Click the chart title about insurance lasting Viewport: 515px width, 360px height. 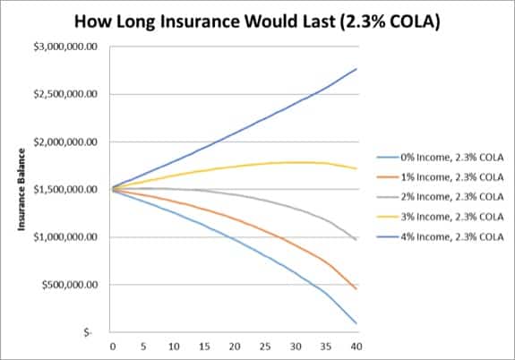coord(258,19)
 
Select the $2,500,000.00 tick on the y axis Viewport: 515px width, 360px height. coord(66,94)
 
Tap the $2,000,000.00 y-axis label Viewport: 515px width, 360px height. coord(66,141)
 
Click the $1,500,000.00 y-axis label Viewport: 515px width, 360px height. coord(66,190)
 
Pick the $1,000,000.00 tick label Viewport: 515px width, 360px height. coord(66,237)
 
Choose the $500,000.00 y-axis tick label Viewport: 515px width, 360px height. coord(70,285)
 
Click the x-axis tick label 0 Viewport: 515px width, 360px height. coord(113,345)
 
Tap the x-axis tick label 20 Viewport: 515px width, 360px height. coord(235,345)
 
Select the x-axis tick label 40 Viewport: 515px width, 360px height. coord(357,345)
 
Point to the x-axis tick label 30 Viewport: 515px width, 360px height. coord(296,345)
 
